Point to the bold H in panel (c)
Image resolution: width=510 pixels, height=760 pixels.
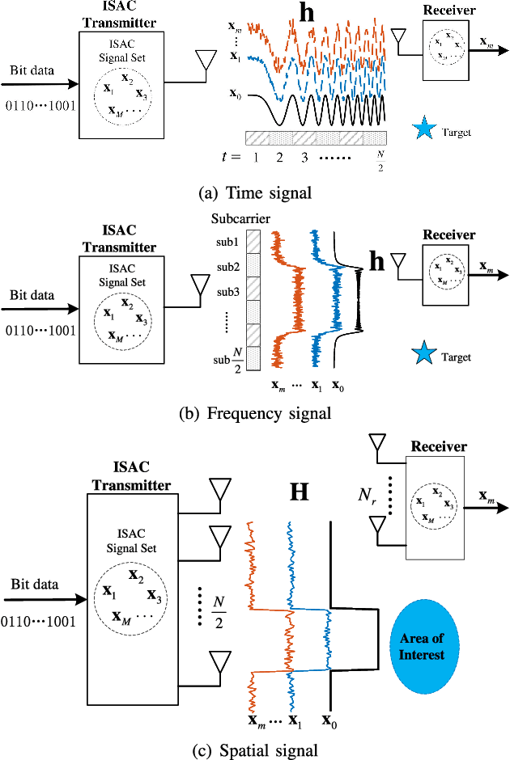point(299,492)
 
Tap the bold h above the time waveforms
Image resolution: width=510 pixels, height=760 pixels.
point(307,14)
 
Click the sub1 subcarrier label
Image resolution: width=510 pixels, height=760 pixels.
point(227,241)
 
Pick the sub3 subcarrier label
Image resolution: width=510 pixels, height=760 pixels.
point(227,291)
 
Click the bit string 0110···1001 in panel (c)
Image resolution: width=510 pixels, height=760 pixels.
point(37,622)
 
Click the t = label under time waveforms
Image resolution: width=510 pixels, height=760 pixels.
point(235,157)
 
